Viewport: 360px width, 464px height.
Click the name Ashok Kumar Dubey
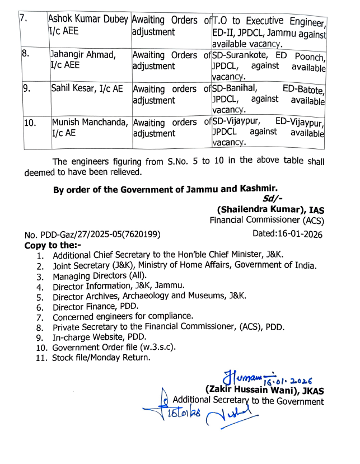pyautogui.click(x=88, y=21)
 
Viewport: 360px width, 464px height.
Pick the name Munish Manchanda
pyautogui.click(x=91, y=121)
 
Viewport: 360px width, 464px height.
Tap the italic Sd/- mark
pyautogui.click(x=273, y=198)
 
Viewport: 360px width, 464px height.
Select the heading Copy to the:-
pyautogui.click(x=53, y=245)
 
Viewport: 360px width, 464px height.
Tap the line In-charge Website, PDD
pyautogui.click(x=99, y=337)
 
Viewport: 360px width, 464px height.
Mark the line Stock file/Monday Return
pyautogui.click(x=101, y=358)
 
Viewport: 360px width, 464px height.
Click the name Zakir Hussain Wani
pyautogui.click(x=252, y=390)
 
